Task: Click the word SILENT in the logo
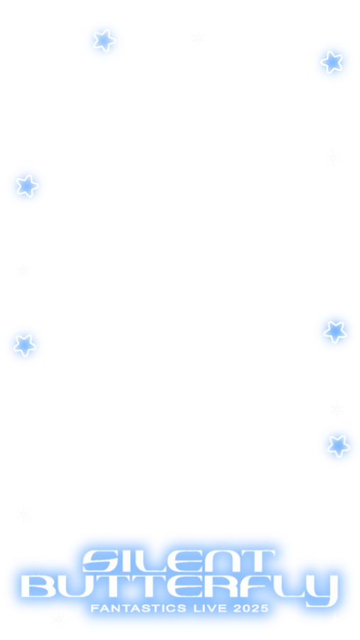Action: click(x=179, y=561)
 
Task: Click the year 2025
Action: click(x=250, y=608)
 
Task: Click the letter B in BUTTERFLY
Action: click(x=39, y=586)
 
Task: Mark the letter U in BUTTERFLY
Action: click(x=76, y=586)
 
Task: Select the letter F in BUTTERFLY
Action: click(x=258, y=586)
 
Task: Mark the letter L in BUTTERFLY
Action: click(x=289, y=586)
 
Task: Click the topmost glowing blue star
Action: click(x=105, y=40)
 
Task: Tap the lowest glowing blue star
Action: click(x=339, y=446)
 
